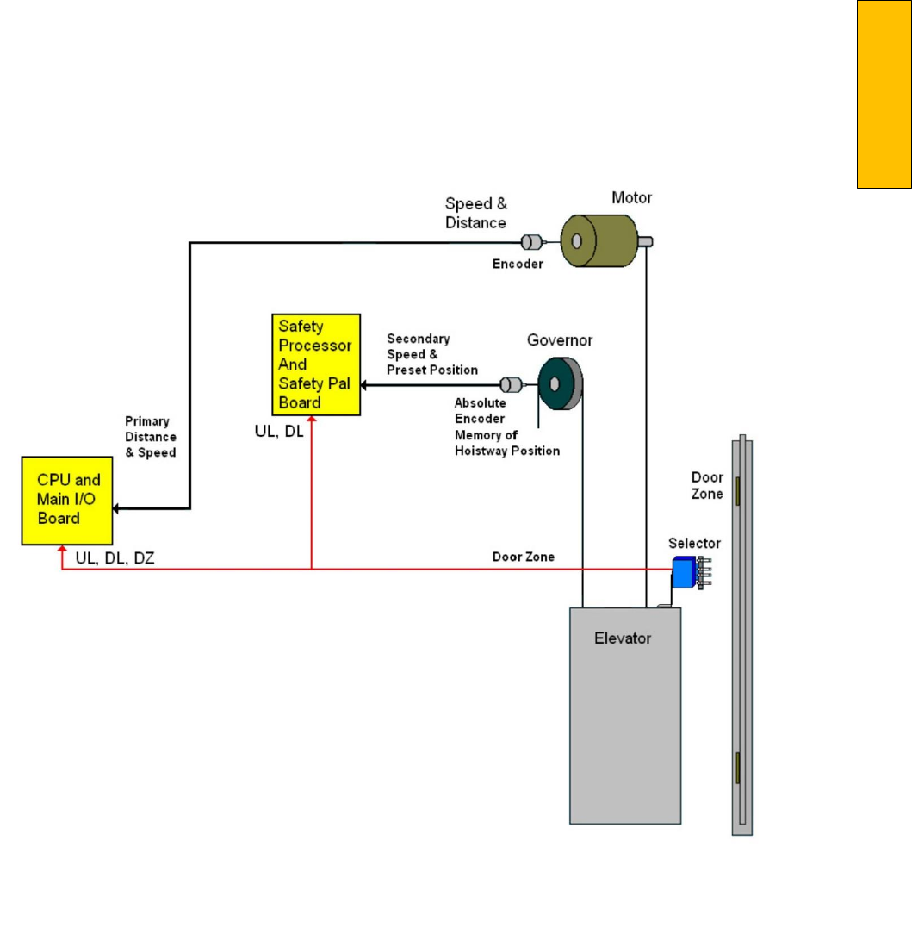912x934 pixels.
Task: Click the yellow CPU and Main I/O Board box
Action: tap(66, 500)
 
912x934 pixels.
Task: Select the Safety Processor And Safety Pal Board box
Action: tap(314, 364)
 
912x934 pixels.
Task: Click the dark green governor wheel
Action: tap(560, 383)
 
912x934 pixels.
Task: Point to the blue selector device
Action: tap(685, 571)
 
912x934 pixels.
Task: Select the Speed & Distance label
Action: tap(475, 214)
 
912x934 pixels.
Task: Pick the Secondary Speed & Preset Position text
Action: tap(431, 354)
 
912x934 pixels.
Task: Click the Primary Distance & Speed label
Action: tap(151, 438)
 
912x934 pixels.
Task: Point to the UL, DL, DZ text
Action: tap(115, 558)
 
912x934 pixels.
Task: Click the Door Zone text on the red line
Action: tap(523, 557)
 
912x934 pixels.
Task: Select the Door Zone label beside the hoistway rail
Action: tap(707, 485)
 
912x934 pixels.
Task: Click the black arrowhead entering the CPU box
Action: tap(118, 509)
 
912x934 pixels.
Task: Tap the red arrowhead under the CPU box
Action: tap(62, 550)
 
